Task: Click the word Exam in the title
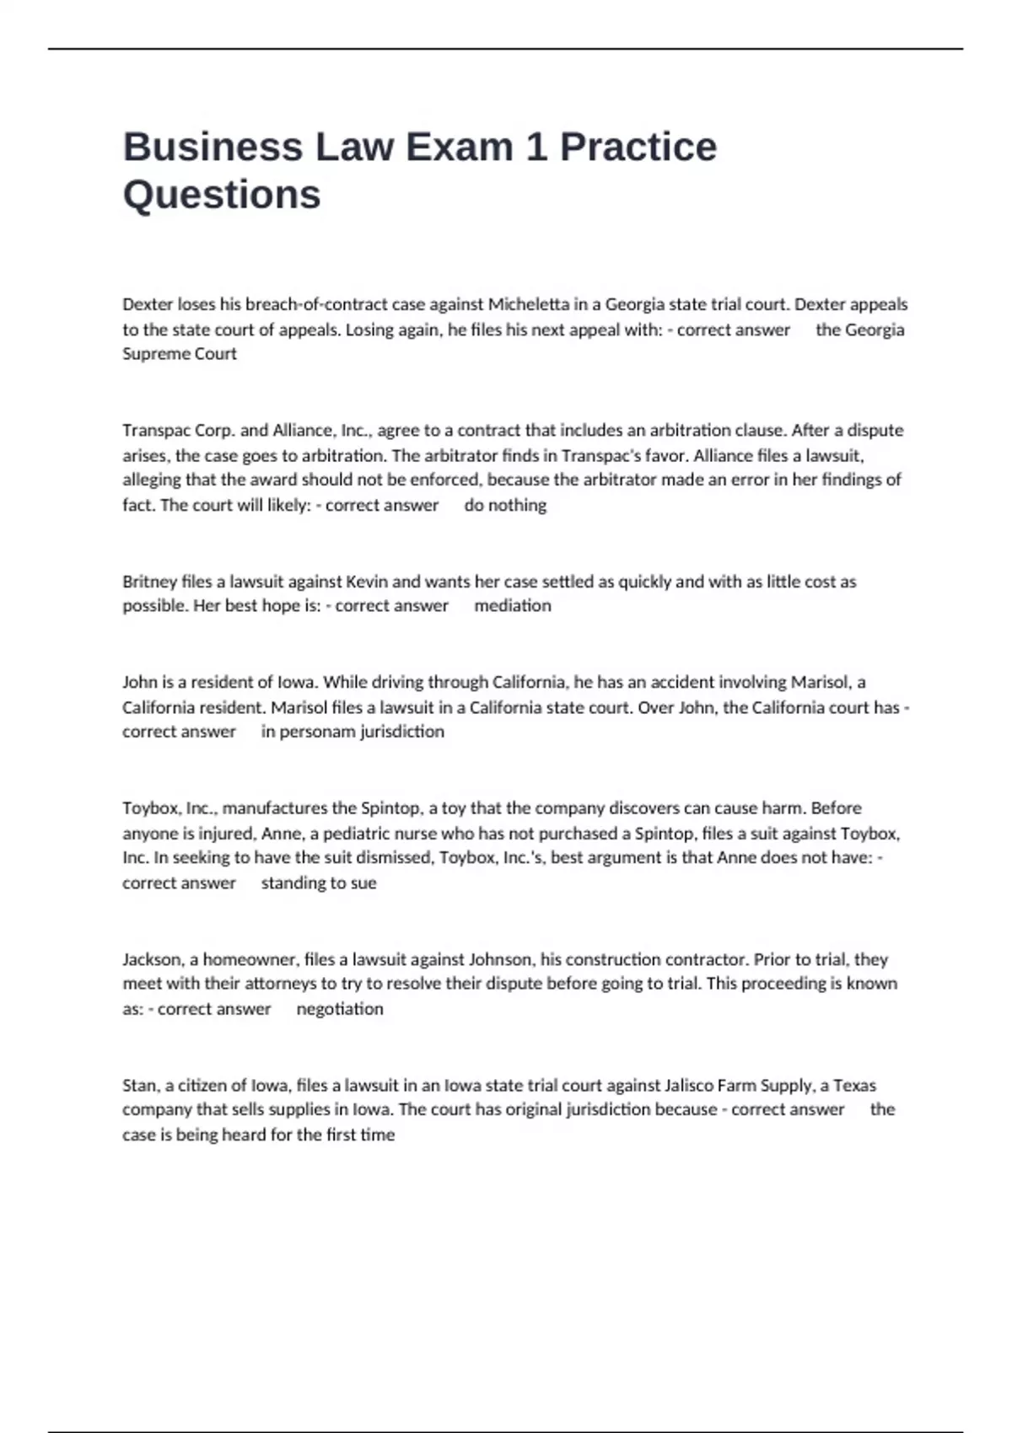[460, 148]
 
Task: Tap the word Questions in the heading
[222, 195]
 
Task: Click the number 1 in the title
[536, 148]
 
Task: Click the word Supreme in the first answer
[156, 354]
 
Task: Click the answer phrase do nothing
[505, 506]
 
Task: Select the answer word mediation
[512, 606]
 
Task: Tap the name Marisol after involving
[821, 682]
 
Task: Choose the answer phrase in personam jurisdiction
[353, 732]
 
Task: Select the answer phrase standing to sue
[319, 883]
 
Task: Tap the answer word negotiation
[340, 1009]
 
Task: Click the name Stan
[139, 1086]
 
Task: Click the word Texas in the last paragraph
[854, 1086]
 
